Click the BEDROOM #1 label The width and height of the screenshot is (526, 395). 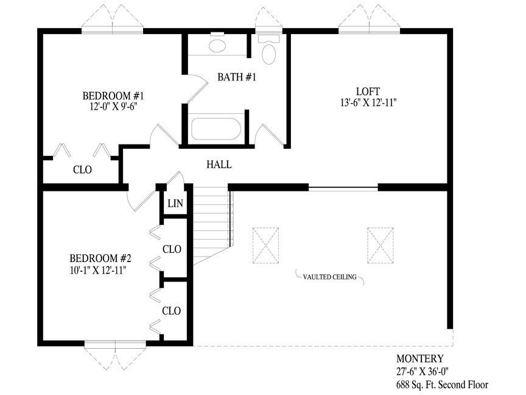pyautogui.click(x=113, y=96)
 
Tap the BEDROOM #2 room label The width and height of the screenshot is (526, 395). pyautogui.click(x=100, y=258)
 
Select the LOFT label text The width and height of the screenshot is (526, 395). pyautogui.click(x=368, y=91)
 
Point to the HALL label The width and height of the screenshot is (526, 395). pyautogui.click(x=219, y=164)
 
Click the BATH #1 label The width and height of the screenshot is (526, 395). pyautogui.click(x=237, y=77)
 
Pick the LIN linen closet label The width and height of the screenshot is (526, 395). pyautogui.click(x=175, y=203)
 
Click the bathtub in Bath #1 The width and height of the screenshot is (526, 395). pyautogui.click(x=216, y=129)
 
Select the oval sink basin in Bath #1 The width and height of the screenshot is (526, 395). pyautogui.click(x=217, y=46)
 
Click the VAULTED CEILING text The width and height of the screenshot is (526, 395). pyautogui.click(x=330, y=277)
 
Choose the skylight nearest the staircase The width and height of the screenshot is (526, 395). pyautogui.click(x=265, y=246)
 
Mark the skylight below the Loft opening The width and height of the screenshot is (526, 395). pyautogui.click(x=380, y=246)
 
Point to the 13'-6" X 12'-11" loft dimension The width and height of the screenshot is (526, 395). pyautogui.click(x=369, y=102)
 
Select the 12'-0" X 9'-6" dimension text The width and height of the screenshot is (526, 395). pyautogui.click(x=114, y=107)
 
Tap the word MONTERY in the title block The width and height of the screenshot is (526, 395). pyautogui.click(x=420, y=358)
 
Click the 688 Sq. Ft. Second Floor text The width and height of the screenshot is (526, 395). pyautogui.click(x=442, y=384)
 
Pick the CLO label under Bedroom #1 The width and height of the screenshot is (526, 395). pyautogui.click(x=83, y=169)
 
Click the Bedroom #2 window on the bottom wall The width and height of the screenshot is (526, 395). pyautogui.click(x=115, y=344)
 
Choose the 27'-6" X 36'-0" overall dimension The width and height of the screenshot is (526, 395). pyautogui.click(x=423, y=371)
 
